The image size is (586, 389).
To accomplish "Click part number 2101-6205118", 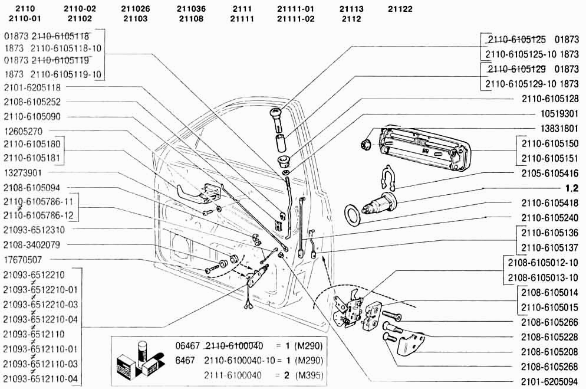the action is coord(32,87).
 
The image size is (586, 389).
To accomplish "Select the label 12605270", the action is coord(23,132).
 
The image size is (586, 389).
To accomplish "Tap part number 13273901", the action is coord(23,173).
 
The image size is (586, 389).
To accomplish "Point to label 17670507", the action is coord(23,260).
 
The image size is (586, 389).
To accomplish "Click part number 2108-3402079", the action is coord(32,245).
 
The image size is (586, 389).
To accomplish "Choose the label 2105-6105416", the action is coord(550,174).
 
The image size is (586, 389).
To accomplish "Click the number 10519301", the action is coord(559,114).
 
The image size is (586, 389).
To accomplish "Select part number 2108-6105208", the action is coord(550,352).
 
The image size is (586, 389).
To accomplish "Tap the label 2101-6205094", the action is coord(550,382).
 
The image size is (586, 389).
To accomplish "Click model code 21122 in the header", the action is coord(400,9).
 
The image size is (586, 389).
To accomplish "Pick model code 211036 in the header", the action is coord(191,9).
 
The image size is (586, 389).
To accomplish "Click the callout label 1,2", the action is coord(572,188).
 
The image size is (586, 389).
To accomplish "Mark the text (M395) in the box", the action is coord(309,375).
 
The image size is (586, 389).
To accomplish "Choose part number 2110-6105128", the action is coord(550,99).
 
